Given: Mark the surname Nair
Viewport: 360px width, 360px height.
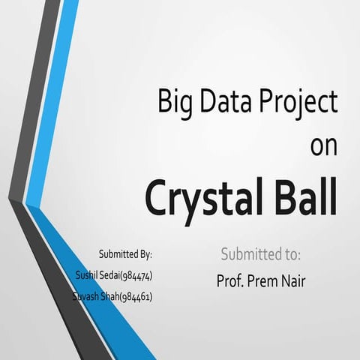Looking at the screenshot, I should [295, 281].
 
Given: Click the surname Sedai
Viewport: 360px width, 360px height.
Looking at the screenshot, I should [113, 275].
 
